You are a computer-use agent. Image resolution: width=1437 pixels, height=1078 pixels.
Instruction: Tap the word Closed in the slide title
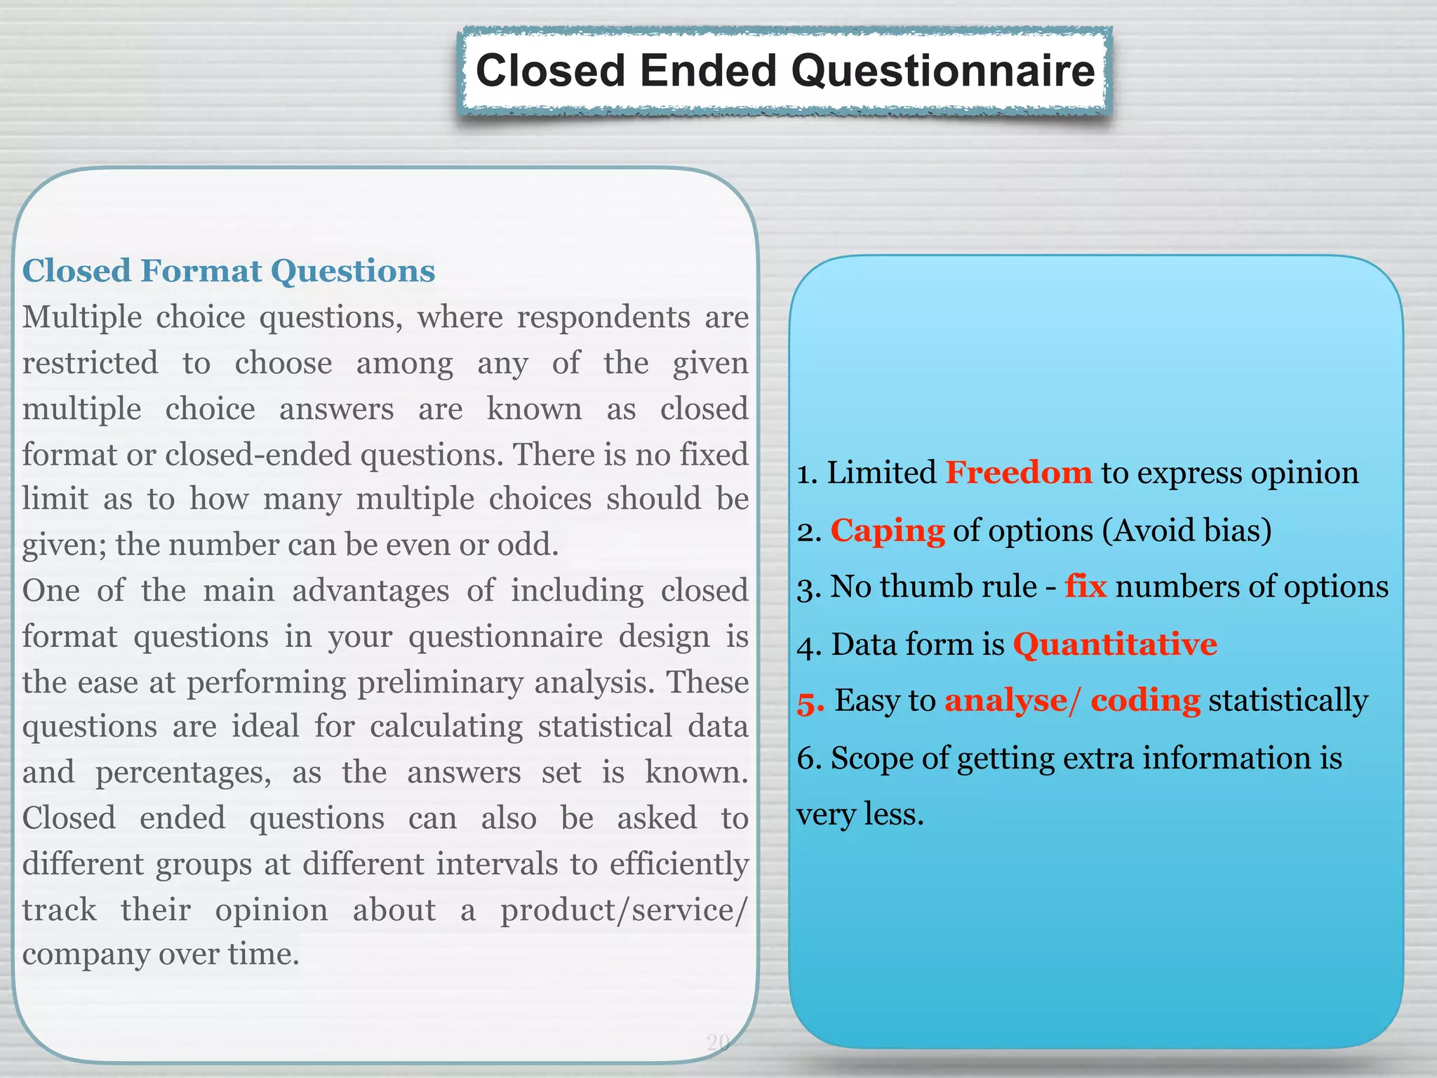(550, 71)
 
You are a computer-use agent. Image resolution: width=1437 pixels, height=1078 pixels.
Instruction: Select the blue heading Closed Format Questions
(229, 271)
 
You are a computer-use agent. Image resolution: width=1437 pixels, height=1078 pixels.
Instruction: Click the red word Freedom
(1018, 472)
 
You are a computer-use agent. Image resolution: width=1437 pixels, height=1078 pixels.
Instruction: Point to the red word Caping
(888, 530)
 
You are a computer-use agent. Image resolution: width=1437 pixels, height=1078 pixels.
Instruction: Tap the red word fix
(1085, 586)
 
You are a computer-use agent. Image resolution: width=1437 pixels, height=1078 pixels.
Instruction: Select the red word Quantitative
(1115, 644)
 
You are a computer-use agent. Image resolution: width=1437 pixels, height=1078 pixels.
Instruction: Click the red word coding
(1145, 700)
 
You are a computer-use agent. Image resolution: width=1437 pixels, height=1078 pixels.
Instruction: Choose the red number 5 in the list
(810, 701)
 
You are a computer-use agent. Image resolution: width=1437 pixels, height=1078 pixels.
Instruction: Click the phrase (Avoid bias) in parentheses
(1187, 530)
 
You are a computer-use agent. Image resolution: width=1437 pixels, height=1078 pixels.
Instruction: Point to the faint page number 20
(718, 1042)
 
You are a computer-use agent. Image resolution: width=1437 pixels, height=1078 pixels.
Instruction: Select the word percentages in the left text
(183, 773)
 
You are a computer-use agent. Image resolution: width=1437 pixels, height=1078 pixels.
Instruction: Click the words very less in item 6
(860, 814)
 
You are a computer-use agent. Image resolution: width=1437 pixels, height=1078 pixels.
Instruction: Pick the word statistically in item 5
(1288, 700)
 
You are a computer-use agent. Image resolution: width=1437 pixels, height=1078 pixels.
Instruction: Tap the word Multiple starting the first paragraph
(82, 317)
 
